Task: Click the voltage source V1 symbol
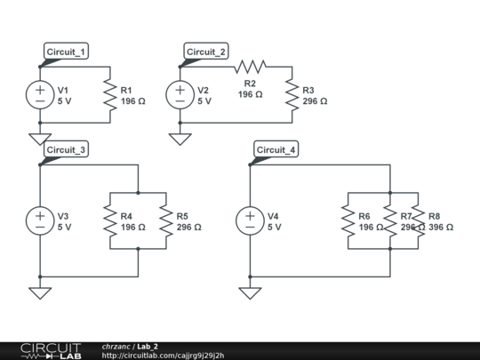(40, 94)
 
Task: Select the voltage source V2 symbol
(180, 94)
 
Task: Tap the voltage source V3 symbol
(40, 220)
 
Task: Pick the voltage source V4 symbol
(250, 220)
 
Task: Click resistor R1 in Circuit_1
(110, 94)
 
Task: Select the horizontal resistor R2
(250, 67)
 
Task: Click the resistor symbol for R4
(110, 220)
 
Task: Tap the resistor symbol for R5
(166, 220)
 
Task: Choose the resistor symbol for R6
(348, 220)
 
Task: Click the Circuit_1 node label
(66, 52)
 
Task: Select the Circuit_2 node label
(206, 52)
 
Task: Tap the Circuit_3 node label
(66, 149)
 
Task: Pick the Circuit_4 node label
(276, 149)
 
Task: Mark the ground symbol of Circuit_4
(250, 292)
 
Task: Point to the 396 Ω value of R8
(441, 228)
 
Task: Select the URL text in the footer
(163, 356)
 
